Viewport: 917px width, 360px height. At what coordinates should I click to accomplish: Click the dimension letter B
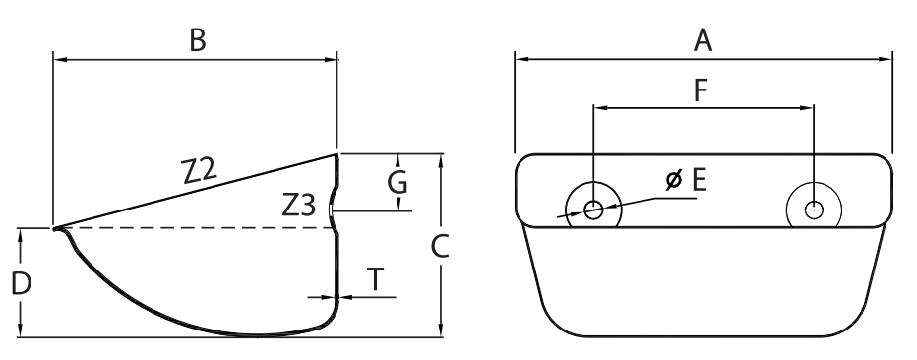tap(198, 41)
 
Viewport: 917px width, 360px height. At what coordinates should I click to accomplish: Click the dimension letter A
tap(703, 41)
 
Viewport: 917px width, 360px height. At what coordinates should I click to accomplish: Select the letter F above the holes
tap(701, 90)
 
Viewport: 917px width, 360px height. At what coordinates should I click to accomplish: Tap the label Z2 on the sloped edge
tap(200, 170)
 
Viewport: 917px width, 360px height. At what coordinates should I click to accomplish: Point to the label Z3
tap(299, 206)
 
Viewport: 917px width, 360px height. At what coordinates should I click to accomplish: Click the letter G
tap(397, 182)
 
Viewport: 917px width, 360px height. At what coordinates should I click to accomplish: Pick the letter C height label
tap(439, 247)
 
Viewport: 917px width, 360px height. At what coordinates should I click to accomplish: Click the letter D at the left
tap(22, 284)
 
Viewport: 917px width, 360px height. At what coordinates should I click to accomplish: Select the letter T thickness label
tap(375, 279)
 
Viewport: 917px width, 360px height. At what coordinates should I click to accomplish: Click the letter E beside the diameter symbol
tap(700, 180)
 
